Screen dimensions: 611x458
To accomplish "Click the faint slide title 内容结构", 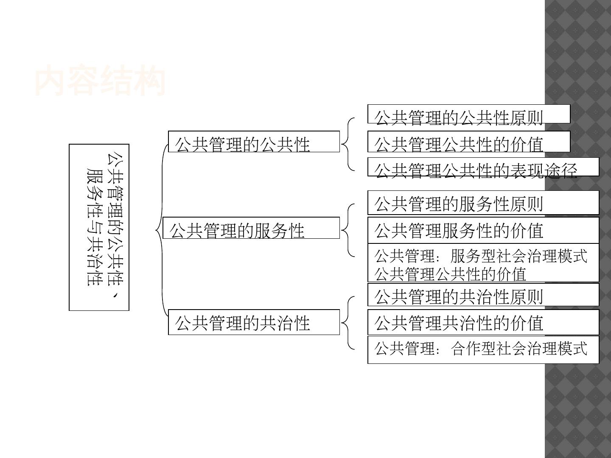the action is (100, 81).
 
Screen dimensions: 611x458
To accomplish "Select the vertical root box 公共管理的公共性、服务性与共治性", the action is (99, 227).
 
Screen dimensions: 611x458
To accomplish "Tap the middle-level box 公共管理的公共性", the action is (254, 142).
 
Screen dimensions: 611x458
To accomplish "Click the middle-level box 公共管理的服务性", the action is (251, 228).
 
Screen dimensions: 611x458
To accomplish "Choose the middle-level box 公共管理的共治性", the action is (254, 322).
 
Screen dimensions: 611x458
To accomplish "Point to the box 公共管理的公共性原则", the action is (468, 114).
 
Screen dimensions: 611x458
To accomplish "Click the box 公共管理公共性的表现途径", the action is (483, 167).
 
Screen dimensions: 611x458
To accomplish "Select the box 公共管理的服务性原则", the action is (483, 203).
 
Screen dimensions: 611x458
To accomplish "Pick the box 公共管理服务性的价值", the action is (483, 230).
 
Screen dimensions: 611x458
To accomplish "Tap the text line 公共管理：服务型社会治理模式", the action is (481, 256).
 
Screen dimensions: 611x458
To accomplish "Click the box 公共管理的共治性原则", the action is (483, 295).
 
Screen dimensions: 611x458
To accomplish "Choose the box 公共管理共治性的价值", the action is (483, 322).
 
